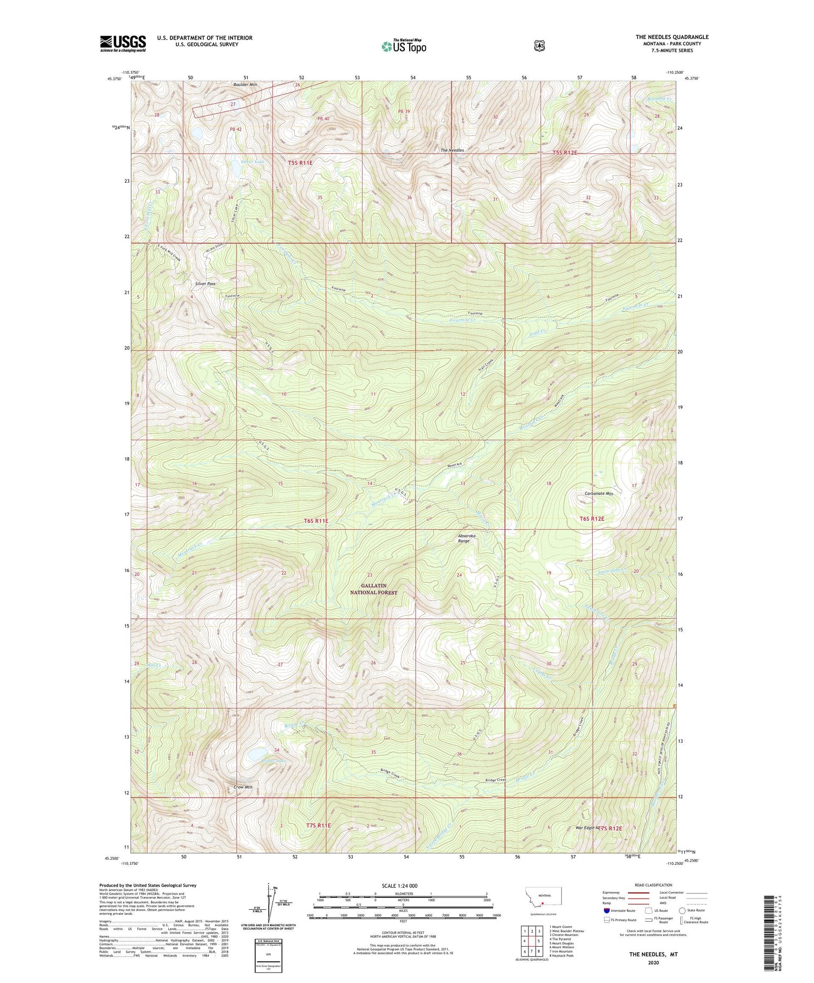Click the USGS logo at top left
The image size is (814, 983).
[123, 43]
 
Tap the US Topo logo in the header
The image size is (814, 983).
[404, 46]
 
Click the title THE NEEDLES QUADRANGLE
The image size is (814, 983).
[672, 37]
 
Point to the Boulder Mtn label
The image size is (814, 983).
[245, 85]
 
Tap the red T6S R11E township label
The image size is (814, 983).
[316, 521]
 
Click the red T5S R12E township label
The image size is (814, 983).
[564, 153]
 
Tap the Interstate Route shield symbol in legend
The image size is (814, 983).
[607, 911]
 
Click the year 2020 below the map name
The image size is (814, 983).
[653, 963]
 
